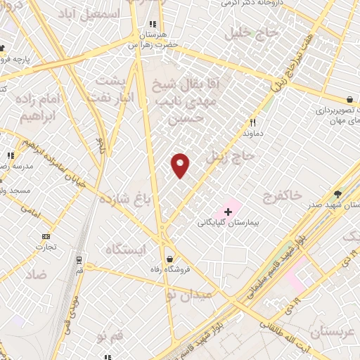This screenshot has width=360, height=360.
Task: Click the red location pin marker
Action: point(181,165)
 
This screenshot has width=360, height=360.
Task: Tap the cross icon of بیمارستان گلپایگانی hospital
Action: point(227,211)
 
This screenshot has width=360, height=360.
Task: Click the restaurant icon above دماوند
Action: point(252,121)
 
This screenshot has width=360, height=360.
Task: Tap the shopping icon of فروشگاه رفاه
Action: point(169,258)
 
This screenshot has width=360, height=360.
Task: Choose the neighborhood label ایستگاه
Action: point(128,250)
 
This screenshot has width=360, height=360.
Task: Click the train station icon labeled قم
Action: point(79,258)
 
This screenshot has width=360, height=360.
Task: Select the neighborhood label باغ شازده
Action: point(122,198)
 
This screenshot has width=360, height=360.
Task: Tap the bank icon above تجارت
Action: point(46,236)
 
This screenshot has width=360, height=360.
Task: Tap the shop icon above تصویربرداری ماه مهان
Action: point(349,100)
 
